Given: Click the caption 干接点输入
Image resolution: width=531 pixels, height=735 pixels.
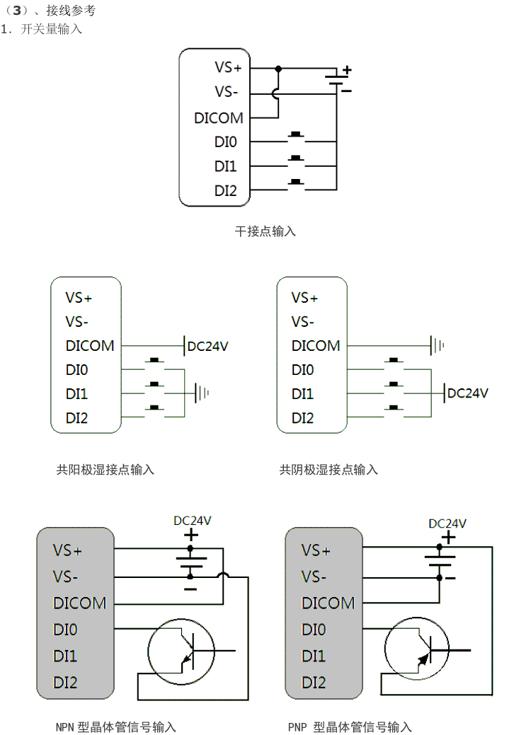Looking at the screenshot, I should tap(265, 231).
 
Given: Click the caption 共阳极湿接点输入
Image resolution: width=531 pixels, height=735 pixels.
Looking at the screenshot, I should tap(105, 469).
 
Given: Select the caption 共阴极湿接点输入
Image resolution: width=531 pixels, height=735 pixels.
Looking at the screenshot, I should tap(329, 469).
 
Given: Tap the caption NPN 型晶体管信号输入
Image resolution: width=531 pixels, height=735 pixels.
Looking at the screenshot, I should tap(116, 727).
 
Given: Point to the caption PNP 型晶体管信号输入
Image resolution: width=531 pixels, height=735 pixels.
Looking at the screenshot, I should tap(350, 727).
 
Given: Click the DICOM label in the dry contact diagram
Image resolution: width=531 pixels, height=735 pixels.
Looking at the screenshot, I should tap(219, 118).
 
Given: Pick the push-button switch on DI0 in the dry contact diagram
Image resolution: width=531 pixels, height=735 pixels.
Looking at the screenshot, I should tap(297, 137).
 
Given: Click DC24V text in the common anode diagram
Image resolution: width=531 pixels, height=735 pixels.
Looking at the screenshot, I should tap(208, 346).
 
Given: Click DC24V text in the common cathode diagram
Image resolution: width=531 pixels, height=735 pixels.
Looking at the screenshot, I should tap(468, 393).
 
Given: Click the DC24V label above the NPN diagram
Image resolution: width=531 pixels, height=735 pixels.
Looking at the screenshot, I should tap(193, 521).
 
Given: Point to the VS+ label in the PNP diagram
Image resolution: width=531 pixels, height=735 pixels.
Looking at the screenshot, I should tap(316, 550).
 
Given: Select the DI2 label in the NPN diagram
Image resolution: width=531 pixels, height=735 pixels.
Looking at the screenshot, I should tap(65, 683).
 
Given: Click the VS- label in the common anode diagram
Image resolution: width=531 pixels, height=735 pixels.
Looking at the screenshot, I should tap(77, 322).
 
